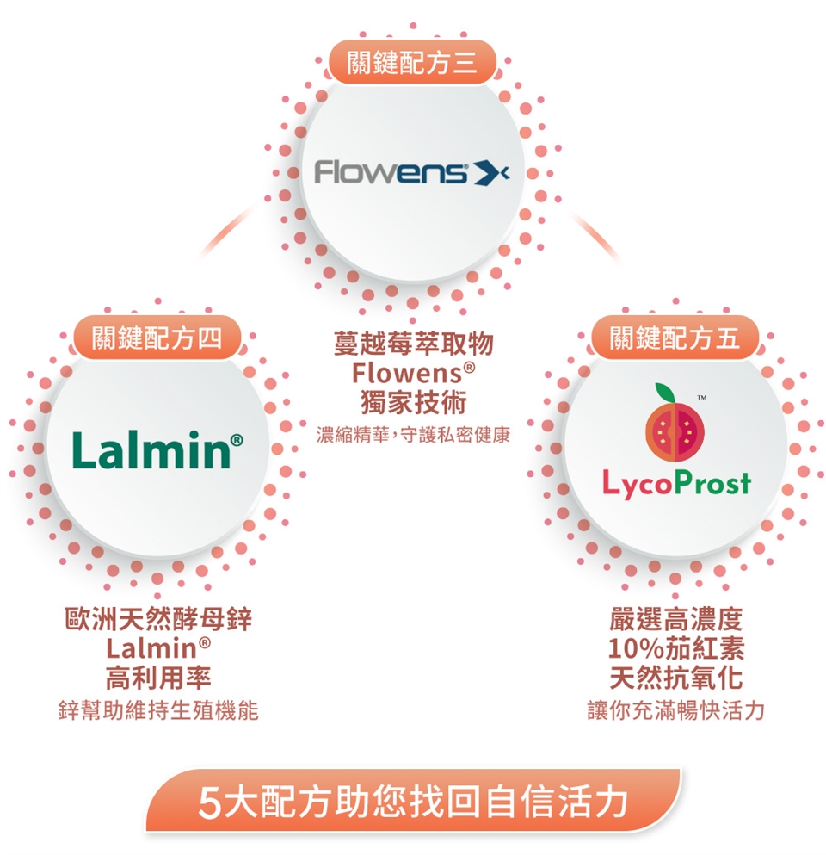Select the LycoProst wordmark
click(675, 484)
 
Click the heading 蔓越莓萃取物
click(413, 345)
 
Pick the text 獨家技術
click(413, 403)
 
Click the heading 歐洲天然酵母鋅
click(158, 619)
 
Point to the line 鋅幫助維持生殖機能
click(158, 711)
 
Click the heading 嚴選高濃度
click(675, 619)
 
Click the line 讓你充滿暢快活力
click(675, 711)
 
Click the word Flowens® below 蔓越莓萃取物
click(413, 375)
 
